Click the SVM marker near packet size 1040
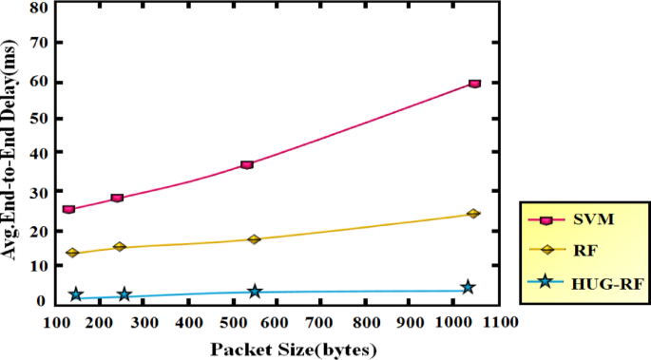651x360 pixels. point(474,84)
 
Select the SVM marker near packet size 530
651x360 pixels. point(247,164)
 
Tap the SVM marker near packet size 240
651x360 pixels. point(117,198)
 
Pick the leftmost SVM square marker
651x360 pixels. point(68,209)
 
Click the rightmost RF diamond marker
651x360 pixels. point(473,214)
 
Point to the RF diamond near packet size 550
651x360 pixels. point(254,239)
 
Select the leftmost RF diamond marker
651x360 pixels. point(72,254)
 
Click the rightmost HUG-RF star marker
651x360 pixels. point(468,287)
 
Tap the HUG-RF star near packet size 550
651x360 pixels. point(255,292)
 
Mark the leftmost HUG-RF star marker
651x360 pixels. point(76,295)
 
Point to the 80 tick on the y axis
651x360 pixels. point(39,8)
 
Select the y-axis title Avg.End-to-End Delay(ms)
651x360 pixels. point(13,152)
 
